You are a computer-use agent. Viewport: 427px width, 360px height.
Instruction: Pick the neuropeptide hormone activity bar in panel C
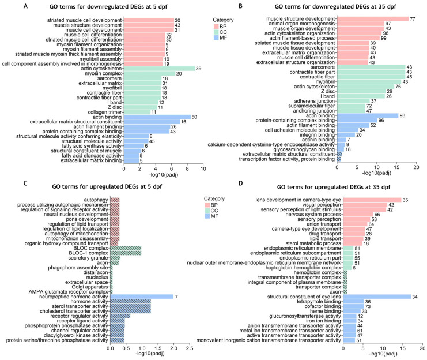[x=142, y=297]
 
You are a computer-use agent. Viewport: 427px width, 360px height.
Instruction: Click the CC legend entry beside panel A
[x=221, y=32]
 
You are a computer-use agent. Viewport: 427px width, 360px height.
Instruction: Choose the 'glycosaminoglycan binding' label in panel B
[x=304, y=149]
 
